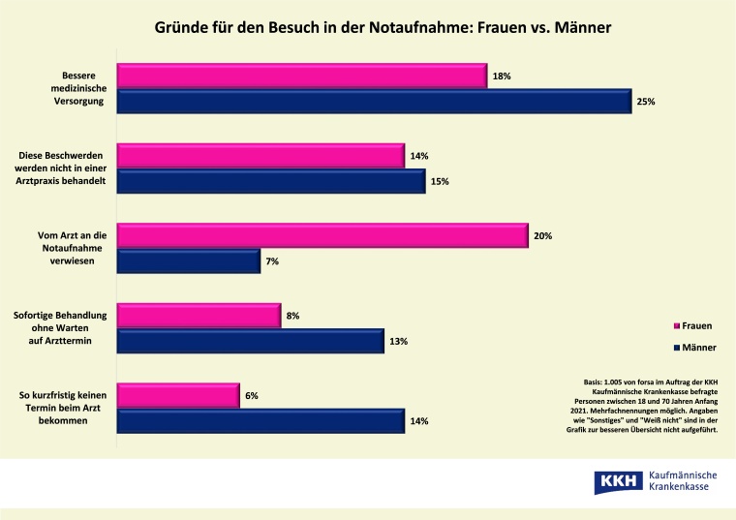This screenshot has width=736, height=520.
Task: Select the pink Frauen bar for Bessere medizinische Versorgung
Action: (301, 76)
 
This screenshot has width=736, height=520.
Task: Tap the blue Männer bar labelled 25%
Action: (374, 102)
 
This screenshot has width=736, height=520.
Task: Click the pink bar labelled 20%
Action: (322, 235)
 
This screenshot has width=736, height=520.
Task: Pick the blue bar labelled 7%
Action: (189, 260)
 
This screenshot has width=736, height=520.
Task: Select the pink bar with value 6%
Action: (178, 395)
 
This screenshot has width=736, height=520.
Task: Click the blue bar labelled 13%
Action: (250, 341)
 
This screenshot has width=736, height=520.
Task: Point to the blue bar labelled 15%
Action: (271, 181)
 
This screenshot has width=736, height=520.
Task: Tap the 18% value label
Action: (501, 76)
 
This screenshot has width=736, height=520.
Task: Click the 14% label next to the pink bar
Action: (418, 156)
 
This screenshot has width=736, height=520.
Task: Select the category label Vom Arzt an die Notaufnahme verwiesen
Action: (62, 248)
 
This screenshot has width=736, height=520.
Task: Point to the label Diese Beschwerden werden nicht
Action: (62, 168)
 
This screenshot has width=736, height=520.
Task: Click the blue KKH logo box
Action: (616, 481)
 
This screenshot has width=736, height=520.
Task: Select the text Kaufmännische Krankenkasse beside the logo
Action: (684, 481)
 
